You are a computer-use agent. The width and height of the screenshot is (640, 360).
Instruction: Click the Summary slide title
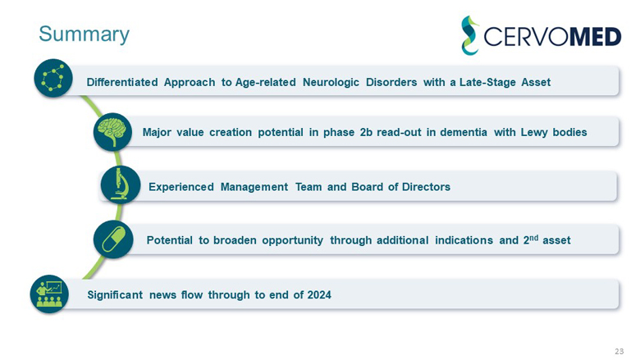tap(84, 34)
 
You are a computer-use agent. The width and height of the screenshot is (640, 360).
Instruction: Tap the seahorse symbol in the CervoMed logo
tap(469, 35)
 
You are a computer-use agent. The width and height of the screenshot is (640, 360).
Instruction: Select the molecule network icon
tap(53, 79)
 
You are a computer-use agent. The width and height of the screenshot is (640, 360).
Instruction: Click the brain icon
tap(112, 132)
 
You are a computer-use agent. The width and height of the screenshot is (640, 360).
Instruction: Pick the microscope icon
tap(120, 185)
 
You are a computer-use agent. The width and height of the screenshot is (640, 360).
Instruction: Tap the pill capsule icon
tap(113, 239)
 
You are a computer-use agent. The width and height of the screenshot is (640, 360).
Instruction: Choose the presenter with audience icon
tap(50, 294)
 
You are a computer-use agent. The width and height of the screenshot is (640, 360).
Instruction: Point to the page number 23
tap(619, 351)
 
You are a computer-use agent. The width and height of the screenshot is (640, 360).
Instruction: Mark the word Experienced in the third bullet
tap(181, 187)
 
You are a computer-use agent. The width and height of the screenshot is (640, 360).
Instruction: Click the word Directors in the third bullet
tap(423, 187)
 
